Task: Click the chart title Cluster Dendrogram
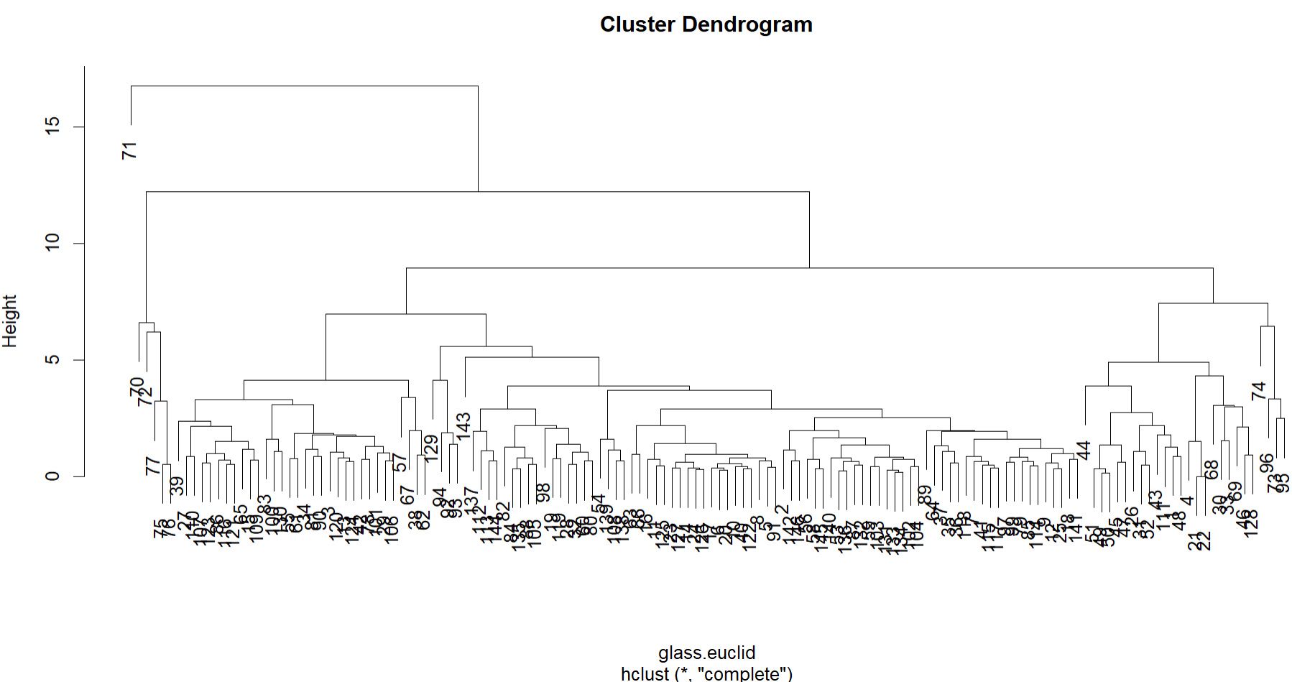[x=706, y=24]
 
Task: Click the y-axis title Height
[x=10, y=321]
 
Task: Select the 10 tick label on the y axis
[x=53, y=244]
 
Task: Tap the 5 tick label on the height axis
[x=53, y=360]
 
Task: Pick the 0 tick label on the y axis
[x=53, y=476]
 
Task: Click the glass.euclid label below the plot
[x=706, y=653]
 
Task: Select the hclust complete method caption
[x=706, y=673]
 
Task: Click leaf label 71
[x=129, y=150]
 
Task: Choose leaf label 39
[x=177, y=486]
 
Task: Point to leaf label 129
[x=430, y=448]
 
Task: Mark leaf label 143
[x=463, y=426]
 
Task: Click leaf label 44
[x=1084, y=450]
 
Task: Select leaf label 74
[x=1258, y=391]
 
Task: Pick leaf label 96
[x=1266, y=462]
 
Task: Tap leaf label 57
[x=400, y=462]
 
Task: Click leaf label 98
[x=543, y=492]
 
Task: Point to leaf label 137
[x=471, y=500]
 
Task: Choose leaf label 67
[x=407, y=495]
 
